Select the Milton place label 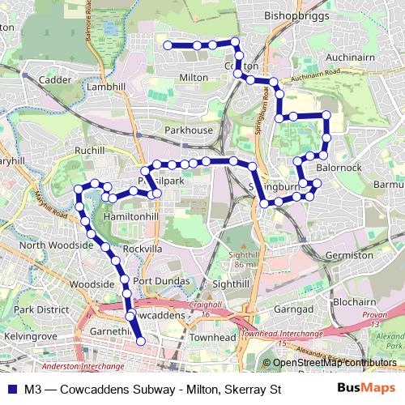tap(192, 77)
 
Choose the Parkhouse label tap(188, 130)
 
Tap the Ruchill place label tap(88, 151)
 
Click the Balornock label tap(340, 168)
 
